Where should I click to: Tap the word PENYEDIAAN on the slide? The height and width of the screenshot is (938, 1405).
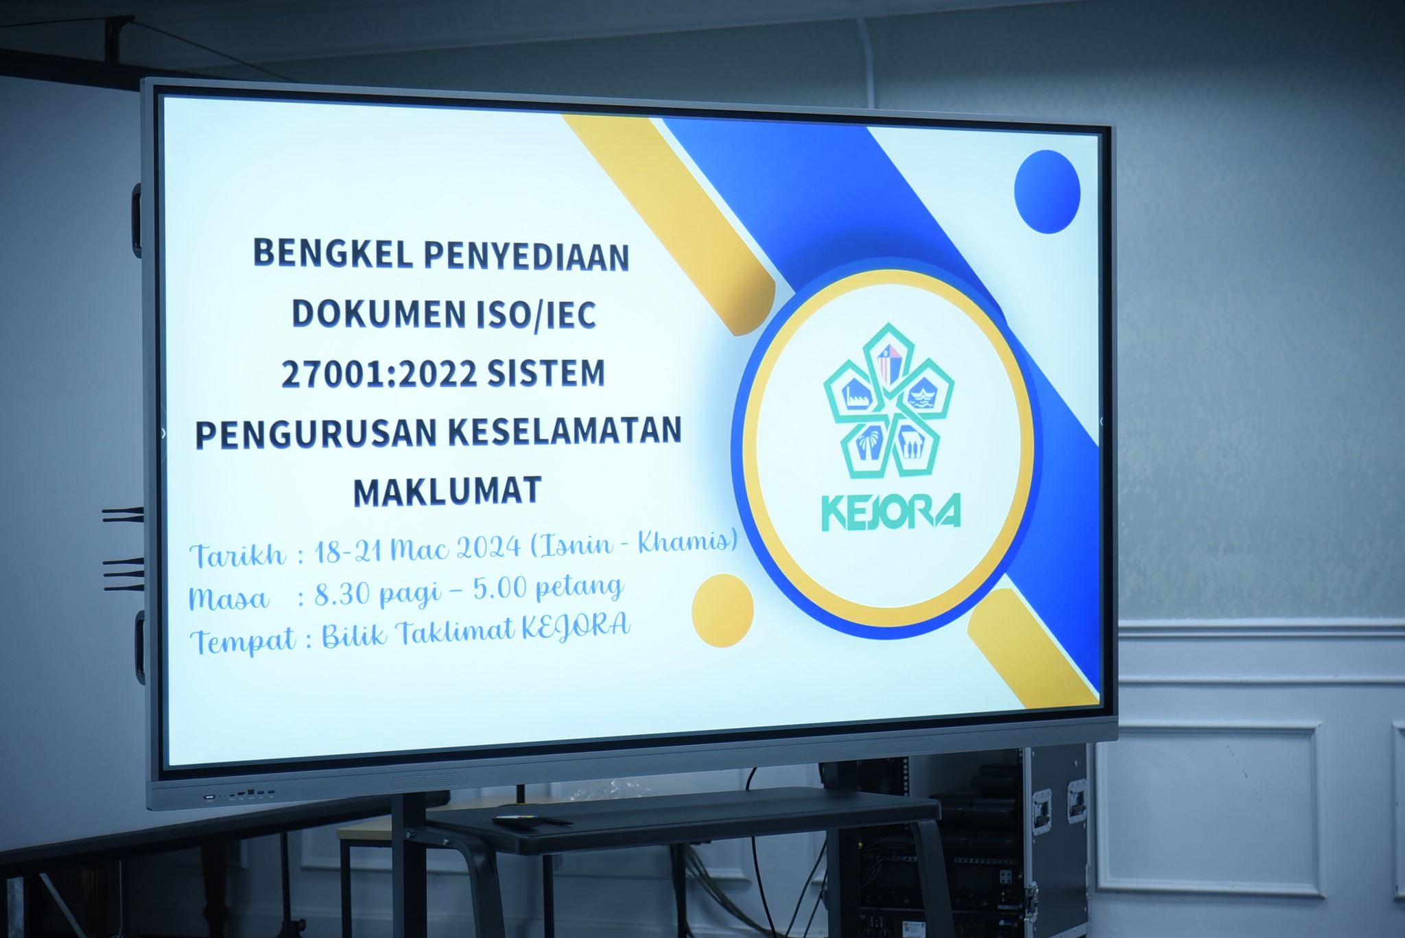pos(526,256)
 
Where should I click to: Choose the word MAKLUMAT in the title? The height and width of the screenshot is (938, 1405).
pos(447,491)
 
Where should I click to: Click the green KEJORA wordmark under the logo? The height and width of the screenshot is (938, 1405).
pos(891,512)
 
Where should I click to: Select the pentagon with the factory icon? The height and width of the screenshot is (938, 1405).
pos(851,393)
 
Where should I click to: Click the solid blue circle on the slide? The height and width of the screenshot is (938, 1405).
pos(1047,191)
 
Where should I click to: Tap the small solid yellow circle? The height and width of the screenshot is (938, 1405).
pos(722,611)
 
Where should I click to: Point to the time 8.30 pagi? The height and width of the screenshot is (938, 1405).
pos(378,594)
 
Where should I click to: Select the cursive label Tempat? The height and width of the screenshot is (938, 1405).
pos(244,640)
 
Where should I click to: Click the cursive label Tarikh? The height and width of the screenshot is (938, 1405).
pos(237,554)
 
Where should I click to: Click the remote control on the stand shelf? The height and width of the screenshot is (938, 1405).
pos(532,820)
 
